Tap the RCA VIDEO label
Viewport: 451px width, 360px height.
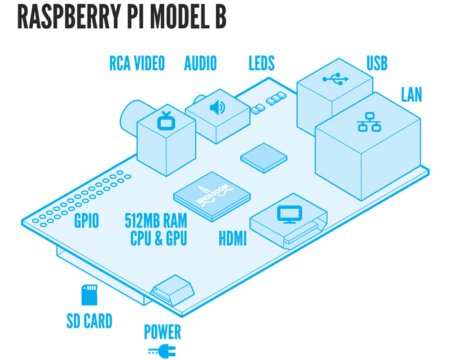[x=136, y=63]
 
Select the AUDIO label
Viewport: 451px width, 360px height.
[x=200, y=63]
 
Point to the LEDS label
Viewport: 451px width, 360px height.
[x=262, y=63]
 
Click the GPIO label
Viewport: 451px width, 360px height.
[x=86, y=222]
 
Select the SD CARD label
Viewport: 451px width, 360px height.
[x=89, y=320]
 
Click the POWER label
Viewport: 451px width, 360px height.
[x=162, y=333]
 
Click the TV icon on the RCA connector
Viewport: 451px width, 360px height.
[x=166, y=120]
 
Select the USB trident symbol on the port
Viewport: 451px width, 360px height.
[x=334, y=79]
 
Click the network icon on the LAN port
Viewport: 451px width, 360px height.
[x=369, y=122]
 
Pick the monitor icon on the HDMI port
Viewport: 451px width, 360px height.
[x=285, y=214]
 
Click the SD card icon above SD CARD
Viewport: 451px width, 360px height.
[x=88, y=296]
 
